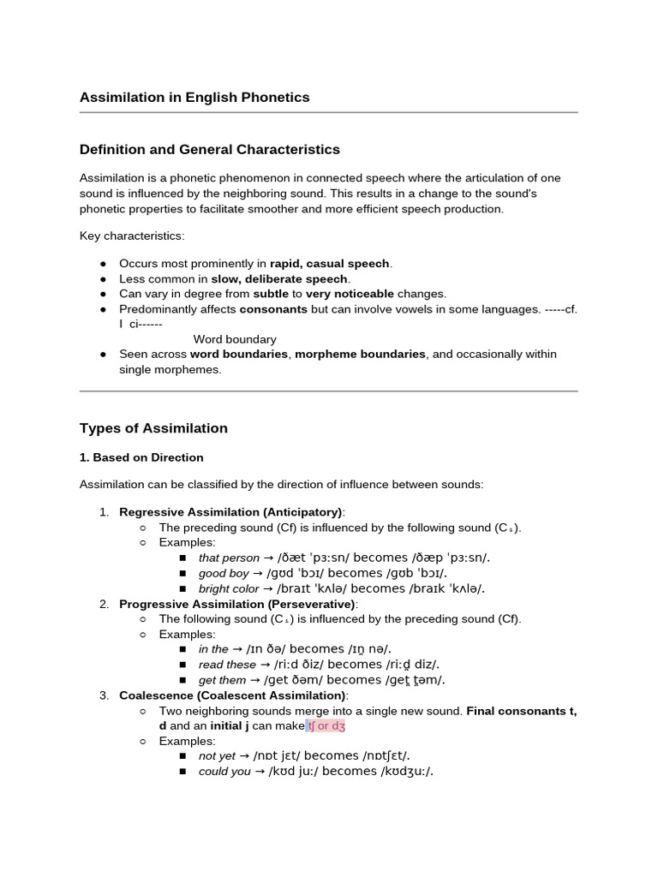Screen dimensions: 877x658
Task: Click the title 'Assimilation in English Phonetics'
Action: pos(194,98)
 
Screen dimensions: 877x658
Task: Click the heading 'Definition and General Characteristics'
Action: pos(209,150)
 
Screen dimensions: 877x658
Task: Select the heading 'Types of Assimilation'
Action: pos(153,428)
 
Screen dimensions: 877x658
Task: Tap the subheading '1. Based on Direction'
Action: pos(141,457)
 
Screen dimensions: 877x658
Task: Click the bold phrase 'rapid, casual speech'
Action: pos(330,263)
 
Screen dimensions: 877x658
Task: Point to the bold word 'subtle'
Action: pos(271,294)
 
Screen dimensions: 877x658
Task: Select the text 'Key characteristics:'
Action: pos(132,236)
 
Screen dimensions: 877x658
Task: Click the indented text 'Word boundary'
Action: pos(235,339)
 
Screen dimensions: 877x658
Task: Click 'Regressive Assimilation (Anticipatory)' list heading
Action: pos(230,512)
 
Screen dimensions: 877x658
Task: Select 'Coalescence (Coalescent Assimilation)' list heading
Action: pos(233,695)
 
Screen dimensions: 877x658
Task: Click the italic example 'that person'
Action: pos(229,558)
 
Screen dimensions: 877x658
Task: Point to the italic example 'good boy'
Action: pos(224,573)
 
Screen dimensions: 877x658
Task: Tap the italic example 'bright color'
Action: pos(229,588)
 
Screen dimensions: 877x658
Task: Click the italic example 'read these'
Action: pos(227,665)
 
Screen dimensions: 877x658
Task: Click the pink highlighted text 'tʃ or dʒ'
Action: pos(326,725)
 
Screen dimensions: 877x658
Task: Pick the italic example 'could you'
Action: pos(224,771)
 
